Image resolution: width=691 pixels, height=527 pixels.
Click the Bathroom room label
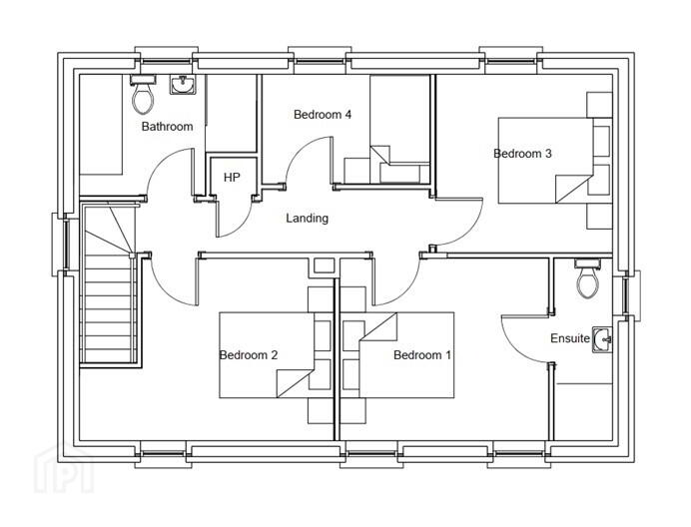click(167, 127)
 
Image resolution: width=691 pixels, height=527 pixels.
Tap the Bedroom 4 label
click(323, 115)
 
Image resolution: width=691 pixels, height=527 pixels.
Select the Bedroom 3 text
click(522, 154)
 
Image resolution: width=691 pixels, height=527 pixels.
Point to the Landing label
click(308, 219)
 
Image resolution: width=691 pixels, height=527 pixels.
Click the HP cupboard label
click(232, 178)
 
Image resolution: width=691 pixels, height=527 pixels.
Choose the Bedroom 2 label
click(249, 354)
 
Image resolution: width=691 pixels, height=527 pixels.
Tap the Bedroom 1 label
click(422, 354)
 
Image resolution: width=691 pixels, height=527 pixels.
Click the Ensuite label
click(570, 338)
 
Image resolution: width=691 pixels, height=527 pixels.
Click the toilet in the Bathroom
click(143, 94)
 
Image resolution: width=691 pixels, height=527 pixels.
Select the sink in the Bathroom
click(183, 84)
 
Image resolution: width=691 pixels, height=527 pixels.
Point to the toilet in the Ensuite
click(588, 277)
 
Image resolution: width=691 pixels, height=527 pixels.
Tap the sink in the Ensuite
click(602, 339)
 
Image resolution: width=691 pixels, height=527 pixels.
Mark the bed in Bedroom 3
click(545, 161)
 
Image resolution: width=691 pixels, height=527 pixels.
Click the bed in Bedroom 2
click(267, 355)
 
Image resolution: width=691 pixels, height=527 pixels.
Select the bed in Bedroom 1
click(406, 355)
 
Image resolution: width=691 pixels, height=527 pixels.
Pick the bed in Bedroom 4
click(399, 129)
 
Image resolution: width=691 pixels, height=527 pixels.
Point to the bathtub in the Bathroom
click(101, 125)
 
